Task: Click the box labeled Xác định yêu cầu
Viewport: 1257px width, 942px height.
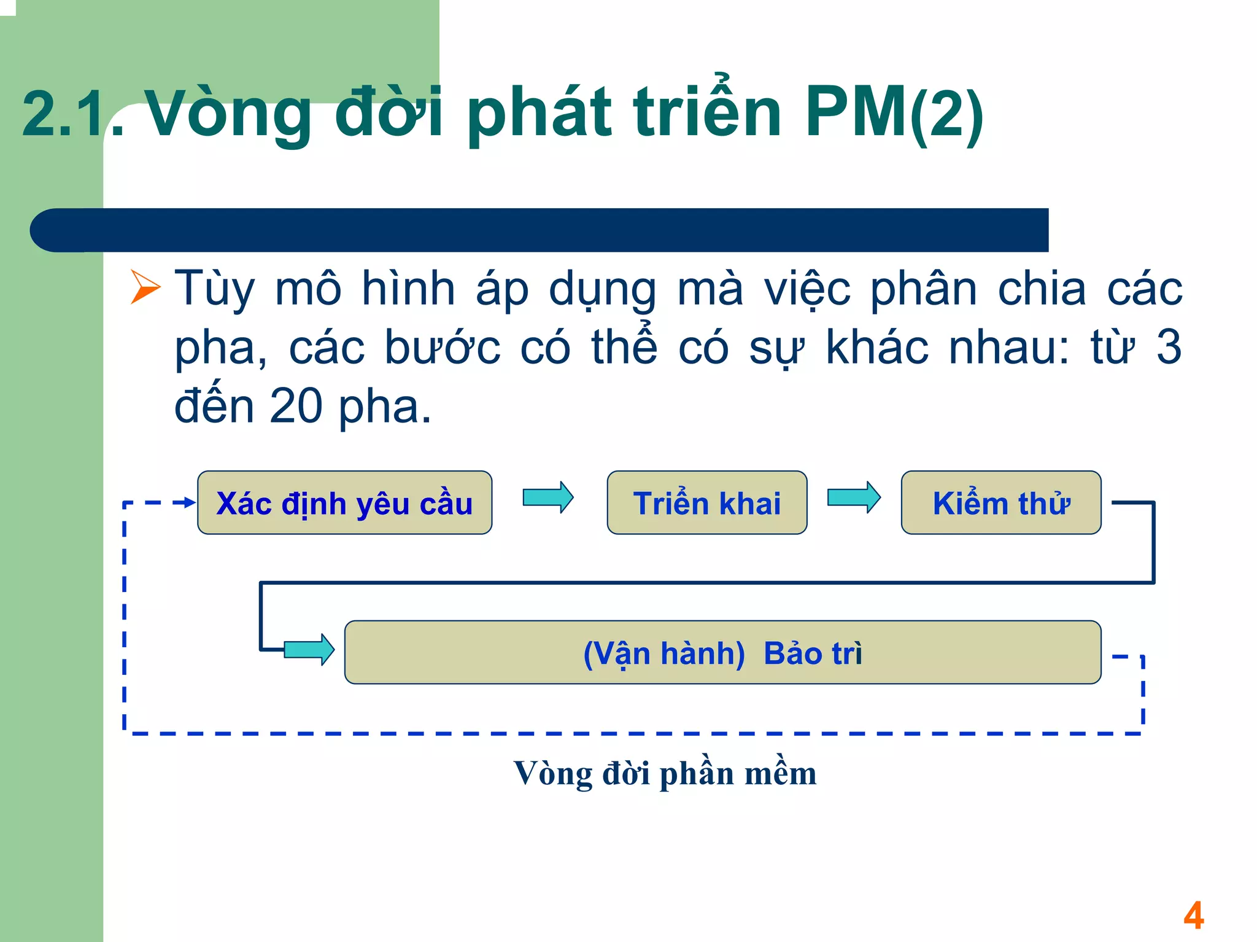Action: (344, 503)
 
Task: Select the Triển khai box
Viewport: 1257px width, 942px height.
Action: (706, 503)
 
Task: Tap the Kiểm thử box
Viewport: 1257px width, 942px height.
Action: (1000, 503)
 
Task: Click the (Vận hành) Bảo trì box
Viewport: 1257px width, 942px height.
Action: (722, 652)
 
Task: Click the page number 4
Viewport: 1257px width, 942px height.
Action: (1194, 916)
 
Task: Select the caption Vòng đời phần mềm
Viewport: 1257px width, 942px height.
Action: (665, 773)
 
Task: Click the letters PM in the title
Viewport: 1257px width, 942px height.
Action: (856, 112)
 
